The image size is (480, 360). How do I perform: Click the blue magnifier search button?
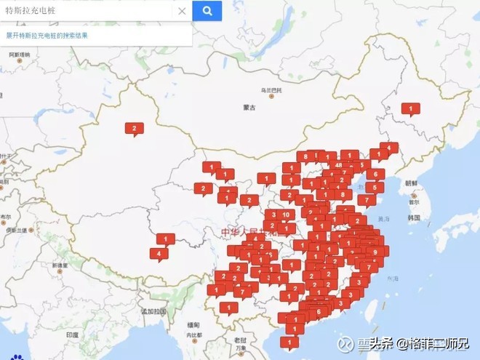(x=207, y=11)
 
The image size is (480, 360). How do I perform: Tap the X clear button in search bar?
(x=182, y=11)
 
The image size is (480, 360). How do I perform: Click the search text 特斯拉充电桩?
(x=31, y=11)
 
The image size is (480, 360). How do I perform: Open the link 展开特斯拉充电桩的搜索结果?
(x=47, y=35)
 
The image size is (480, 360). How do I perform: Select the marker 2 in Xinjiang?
(x=134, y=129)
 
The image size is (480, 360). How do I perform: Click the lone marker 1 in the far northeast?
(x=411, y=109)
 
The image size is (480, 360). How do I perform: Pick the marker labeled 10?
(x=287, y=215)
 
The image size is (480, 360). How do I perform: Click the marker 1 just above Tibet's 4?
(x=166, y=239)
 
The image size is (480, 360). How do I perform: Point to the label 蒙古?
(x=249, y=107)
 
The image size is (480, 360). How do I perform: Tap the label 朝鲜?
(x=412, y=183)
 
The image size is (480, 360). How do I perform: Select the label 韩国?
(x=415, y=217)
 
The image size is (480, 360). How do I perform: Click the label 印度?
(x=71, y=335)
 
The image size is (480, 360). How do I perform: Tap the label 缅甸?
(x=193, y=324)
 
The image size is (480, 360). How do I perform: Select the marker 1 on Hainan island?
(x=289, y=341)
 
